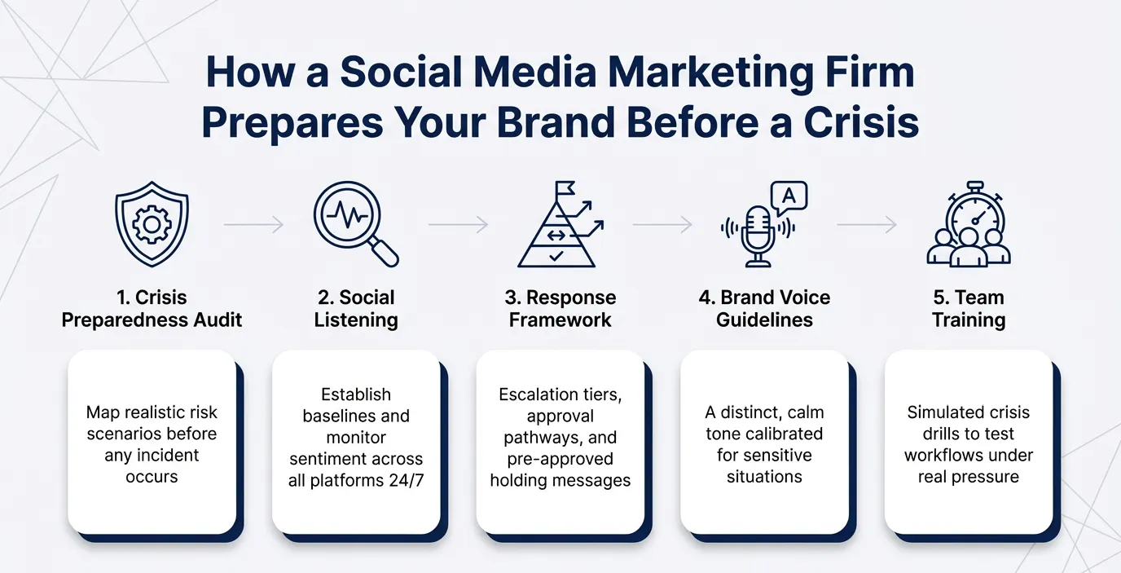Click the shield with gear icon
[152, 224]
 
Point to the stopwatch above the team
[974, 211]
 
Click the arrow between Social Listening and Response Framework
[457, 223]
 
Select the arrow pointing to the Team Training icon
[866, 223]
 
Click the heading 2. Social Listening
[356, 308]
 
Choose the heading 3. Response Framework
[560, 308]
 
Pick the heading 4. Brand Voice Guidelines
[764, 308]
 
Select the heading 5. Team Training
[968, 308]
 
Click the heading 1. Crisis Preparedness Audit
[152, 308]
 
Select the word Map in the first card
[97, 412]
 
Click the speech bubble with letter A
[788, 196]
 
